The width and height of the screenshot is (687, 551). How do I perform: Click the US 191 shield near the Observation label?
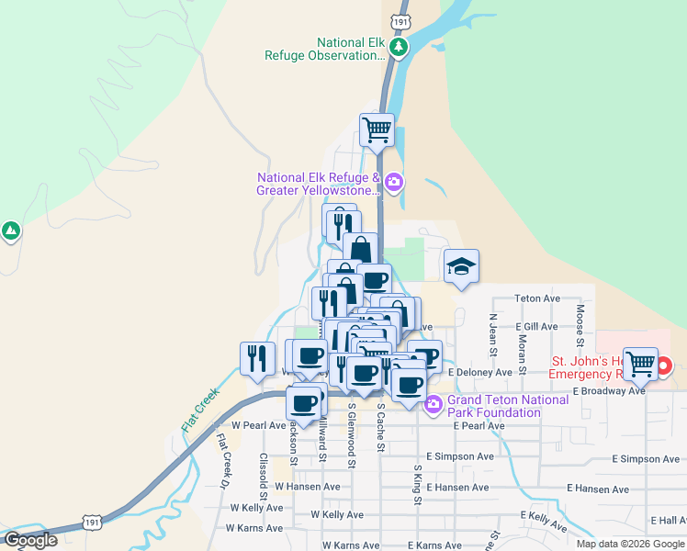(399, 19)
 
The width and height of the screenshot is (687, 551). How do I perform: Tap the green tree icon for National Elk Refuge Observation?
(398, 47)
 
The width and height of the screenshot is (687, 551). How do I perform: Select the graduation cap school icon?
(461, 267)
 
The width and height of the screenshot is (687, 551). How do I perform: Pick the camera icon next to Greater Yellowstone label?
(393, 181)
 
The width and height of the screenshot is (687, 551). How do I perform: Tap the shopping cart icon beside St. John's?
(639, 363)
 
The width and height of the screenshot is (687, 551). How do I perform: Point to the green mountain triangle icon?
(10, 231)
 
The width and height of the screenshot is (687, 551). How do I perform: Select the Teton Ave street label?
(537, 298)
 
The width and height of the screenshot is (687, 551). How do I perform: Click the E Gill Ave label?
(536, 326)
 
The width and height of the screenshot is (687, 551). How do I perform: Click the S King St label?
(416, 484)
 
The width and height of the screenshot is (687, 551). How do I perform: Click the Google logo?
(30, 540)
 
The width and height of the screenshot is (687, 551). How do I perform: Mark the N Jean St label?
(493, 334)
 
